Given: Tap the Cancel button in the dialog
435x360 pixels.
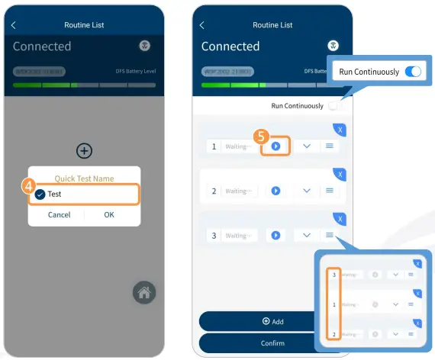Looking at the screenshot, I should point(59,215).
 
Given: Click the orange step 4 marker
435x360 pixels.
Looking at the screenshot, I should point(27,185).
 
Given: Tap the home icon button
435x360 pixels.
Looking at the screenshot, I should point(143,292).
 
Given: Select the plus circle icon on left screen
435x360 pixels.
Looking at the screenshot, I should point(84,150).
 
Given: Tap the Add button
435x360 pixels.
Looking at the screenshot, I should point(272,321).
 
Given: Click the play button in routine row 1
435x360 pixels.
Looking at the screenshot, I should point(275,146).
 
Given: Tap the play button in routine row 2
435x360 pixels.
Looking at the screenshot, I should point(275,191).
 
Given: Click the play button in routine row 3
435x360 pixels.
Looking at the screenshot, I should point(275,236).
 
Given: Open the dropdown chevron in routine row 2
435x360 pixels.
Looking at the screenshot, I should point(307,191).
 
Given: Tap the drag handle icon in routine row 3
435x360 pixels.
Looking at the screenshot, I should point(330,235).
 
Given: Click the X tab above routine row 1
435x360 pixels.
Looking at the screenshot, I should point(340,130).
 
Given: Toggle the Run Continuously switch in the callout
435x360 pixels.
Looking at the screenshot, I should point(413,72).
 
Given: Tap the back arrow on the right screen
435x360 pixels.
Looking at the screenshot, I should point(202,25).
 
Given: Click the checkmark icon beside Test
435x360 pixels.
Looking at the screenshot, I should point(40,194).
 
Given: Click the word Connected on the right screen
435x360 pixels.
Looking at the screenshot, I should point(230,47).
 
